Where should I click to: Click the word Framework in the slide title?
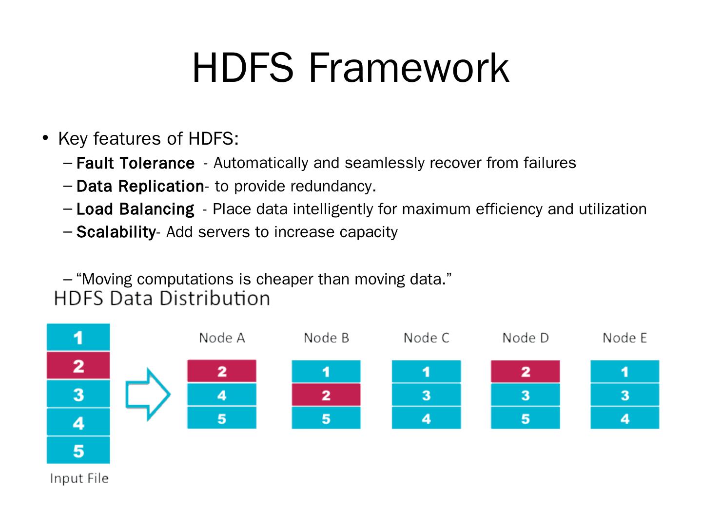tap(409, 68)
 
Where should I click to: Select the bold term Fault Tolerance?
tap(136, 163)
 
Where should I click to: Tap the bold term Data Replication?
tap(140, 186)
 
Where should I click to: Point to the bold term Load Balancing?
tap(136, 210)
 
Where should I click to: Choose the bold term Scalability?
tap(116, 232)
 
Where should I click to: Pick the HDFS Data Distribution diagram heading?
tap(162, 299)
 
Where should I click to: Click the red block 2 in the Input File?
tap(78, 365)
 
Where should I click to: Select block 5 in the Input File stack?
tap(78, 451)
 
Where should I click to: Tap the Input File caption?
tap(79, 478)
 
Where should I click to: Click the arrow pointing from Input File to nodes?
tap(148, 394)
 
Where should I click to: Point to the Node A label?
tap(222, 338)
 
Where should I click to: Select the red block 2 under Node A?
tap(222, 371)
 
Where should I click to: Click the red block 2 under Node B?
tap(326, 394)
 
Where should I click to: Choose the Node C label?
tap(426, 338)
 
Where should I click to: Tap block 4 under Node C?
tap(426, 418)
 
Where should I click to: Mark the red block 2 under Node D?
tap(526, 371)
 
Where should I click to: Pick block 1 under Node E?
tap(624, 371)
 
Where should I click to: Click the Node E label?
tap(624, 338)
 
